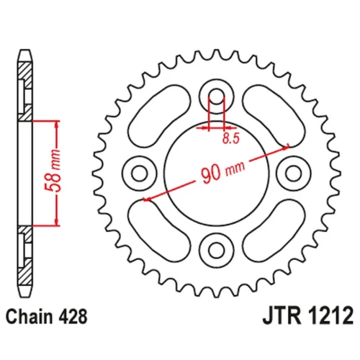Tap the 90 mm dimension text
point(223,171)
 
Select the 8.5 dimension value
point(231,138)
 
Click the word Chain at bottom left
point(29,317)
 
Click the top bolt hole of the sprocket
point(217,96)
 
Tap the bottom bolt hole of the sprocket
point(217,250)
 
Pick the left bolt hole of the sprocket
point(140,174)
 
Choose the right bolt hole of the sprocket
point(294,174)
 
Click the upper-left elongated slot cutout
point(159,116)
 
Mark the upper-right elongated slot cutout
point(274,116)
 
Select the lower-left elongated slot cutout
point(159,230)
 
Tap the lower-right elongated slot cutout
point(274,230)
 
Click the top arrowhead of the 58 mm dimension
point(57,125)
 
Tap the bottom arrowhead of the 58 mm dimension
point(57,222)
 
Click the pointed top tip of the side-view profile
point(25,50)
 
